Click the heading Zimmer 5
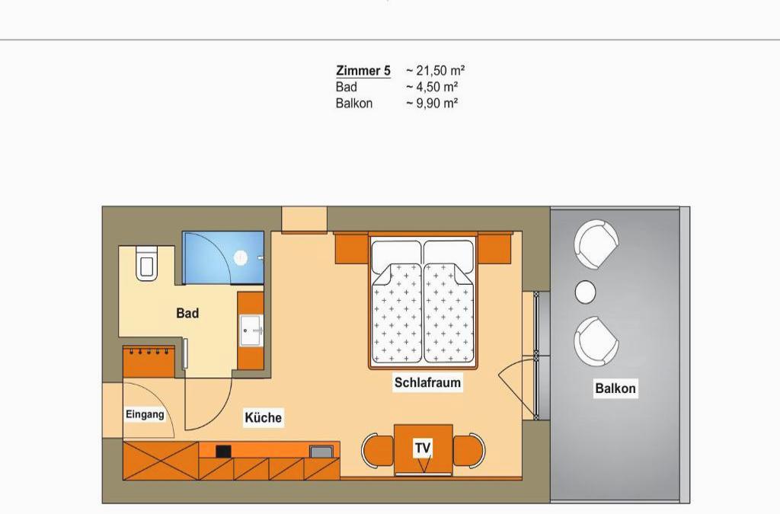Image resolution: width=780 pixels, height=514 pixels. point(363,71)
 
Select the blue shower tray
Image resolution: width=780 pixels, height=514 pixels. point(223,257)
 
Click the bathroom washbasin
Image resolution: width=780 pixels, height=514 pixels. point(251,330)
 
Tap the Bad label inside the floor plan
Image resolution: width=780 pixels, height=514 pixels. point(187,313)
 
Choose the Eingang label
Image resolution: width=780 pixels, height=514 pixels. point(145,414)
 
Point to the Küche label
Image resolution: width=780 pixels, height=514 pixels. point(263,417)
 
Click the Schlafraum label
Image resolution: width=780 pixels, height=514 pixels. point(427,383)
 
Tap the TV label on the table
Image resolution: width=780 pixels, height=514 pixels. point(423,449)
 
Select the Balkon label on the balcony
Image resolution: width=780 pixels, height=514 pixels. point(615,388)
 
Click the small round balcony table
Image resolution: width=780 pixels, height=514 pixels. point(586,292)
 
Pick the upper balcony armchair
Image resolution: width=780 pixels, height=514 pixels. point(596,245)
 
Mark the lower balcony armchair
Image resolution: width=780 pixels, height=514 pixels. point(596,341)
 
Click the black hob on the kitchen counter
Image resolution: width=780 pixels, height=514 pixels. point(223,451)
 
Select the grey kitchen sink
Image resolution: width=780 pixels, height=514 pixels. point(318,452)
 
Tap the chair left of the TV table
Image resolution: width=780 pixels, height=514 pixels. point(378,451)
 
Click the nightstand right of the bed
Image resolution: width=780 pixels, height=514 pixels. point(494,248)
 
